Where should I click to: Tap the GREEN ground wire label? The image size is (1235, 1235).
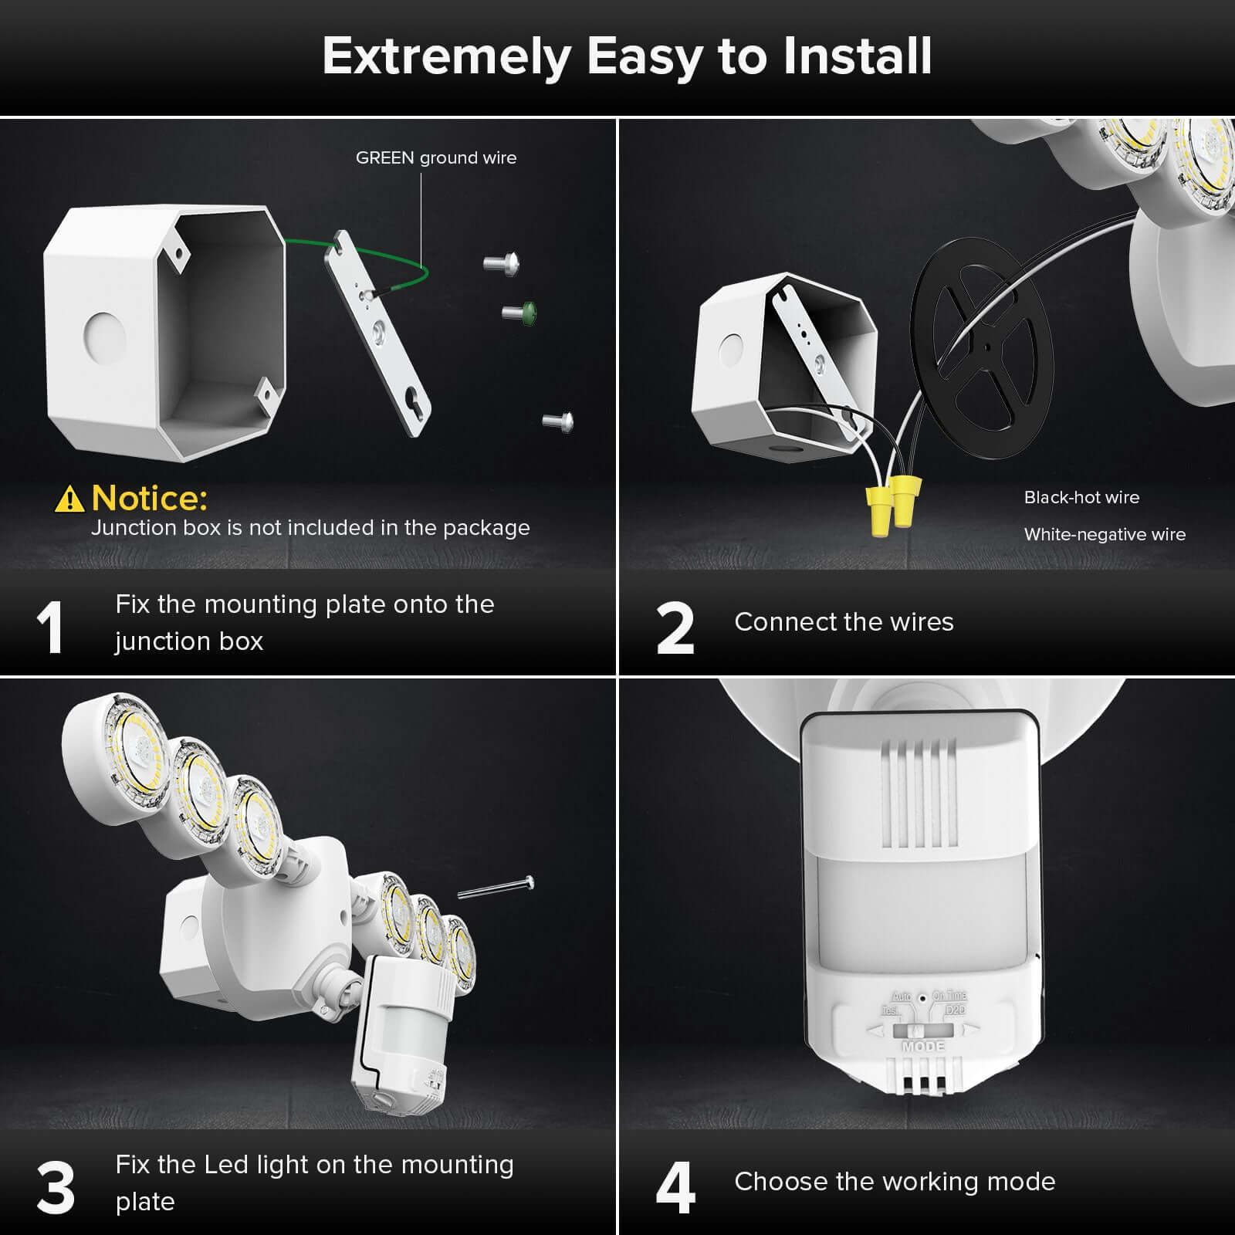(436, 158)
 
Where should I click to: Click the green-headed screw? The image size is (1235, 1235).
(519, 312)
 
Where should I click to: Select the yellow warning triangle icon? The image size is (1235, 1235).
(69, 499)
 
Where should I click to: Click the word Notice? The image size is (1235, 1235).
(149, 499)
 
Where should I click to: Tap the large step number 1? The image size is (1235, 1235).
(50, 628)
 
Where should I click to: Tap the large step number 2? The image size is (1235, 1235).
(675, 628)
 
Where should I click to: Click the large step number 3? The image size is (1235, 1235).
(56, 1188)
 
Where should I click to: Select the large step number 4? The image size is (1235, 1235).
(675, 1188)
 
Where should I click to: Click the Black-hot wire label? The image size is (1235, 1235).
(1081, 498)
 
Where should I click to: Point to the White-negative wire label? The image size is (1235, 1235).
(1105, 535)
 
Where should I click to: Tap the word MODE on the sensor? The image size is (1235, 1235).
(923, 1047)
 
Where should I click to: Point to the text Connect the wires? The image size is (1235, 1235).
(844, 622)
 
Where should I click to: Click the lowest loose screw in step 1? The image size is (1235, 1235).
(557, 421)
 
